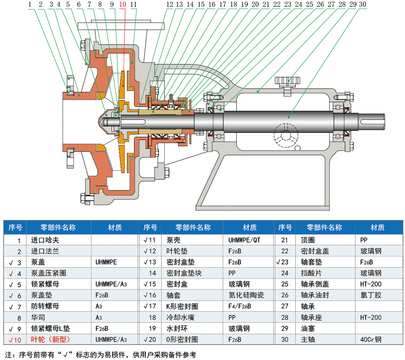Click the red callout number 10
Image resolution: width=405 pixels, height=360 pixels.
point(122,5)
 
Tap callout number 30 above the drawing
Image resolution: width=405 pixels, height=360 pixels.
point(362,5)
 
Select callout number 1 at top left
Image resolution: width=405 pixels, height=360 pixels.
point(30,5)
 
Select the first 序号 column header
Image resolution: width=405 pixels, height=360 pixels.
point(15,228)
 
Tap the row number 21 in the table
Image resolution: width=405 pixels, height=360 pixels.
point(285,240)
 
